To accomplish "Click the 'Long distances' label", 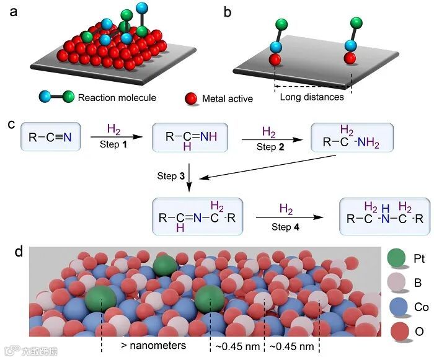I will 312,97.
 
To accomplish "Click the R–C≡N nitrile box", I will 47,137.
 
